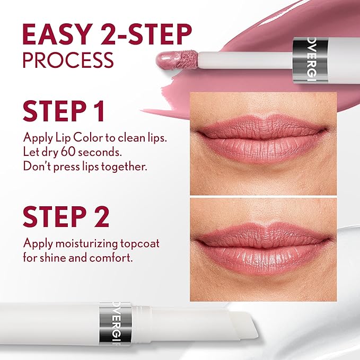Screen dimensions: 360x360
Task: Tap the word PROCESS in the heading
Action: [68, 59]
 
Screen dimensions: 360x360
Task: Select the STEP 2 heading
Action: [66, 216]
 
